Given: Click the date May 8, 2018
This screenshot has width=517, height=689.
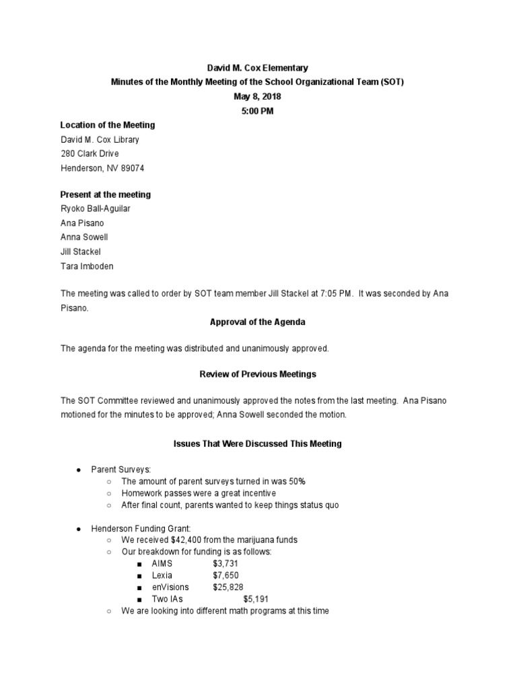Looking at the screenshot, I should click(x=258, y=96).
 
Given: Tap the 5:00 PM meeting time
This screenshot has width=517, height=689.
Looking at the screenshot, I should click(x=258, y=110).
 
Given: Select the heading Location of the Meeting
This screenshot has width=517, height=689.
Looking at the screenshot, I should click(x=108, y=125).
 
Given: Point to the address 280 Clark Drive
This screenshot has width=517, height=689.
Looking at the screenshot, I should click(x=90, y=154).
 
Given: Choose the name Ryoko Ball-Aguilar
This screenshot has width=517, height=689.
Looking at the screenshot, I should click(x=96, y=209).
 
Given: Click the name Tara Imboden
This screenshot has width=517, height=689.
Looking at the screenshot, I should click(x=87, y=266).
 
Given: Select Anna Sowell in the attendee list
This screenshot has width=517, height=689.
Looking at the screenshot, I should click(x=84, y=238).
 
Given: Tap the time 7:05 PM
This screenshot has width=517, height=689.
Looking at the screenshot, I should click(x=337, y=295).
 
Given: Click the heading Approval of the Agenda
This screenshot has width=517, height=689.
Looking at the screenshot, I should click(x=258, y=322).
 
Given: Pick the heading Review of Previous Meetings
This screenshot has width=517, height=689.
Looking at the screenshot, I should click(x=258, y=374).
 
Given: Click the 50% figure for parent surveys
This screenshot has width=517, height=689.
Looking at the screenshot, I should click(x=297, y=482).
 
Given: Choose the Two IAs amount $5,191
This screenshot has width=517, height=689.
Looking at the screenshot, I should click(x=259, y=600).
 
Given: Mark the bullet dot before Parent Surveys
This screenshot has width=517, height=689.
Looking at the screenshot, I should click(x=79, y=470).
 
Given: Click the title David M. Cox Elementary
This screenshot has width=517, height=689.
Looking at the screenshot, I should click(x=258, y=68).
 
